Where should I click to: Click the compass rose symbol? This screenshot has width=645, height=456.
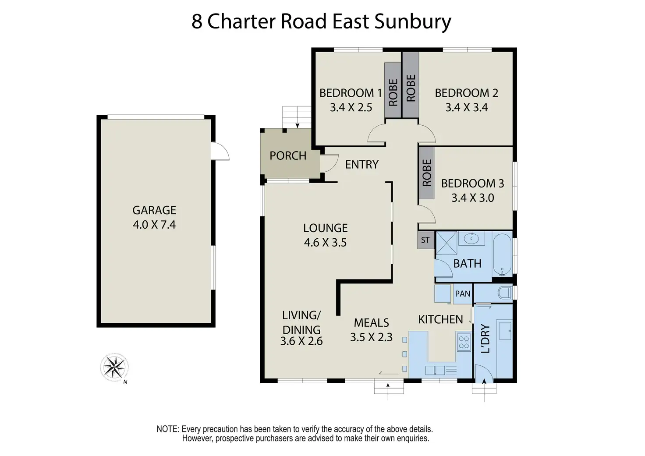tap(114, 367)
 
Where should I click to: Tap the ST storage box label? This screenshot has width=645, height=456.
tap(425, 240)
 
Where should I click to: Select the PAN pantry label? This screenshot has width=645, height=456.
tap(463, 293)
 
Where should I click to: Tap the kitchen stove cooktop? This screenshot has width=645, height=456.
tap(464, 342)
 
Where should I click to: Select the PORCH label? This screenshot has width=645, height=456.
tap(288, 156)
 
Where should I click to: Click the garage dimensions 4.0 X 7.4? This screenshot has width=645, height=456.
tap(154, 225)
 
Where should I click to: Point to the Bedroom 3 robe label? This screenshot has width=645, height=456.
tap(427, 173)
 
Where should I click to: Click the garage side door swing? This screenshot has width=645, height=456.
tap(220, 152)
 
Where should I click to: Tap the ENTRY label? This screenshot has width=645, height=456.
tap(361, 164)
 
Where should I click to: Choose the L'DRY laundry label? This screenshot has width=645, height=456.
tap(485, 339)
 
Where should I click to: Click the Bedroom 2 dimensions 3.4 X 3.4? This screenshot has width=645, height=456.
tap(466, 107)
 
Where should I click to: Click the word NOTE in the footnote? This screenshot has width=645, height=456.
tap(167, 429)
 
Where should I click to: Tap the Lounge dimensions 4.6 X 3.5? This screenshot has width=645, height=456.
tap(325, 243)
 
